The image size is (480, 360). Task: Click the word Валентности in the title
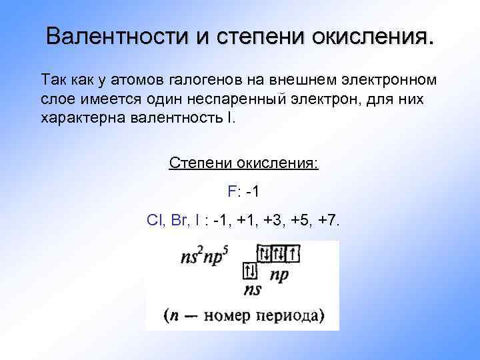pyautogui.click(x=117, y=35)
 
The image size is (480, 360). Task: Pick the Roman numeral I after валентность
pyautogui.click(x=232, y=119)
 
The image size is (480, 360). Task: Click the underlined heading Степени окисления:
pyautogui.click(x=243, y=163)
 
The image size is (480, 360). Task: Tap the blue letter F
pyautogui.click(x=231, y=192)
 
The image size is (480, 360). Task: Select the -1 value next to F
pyautogui.click(x=252, y=192)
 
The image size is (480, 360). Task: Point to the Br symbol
pyautogui.click(x=179, y=221)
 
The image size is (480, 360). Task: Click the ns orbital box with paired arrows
pyautogui.click(x=251, y=271)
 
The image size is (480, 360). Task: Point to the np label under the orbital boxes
pyautogui.click(x=279, y=274)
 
